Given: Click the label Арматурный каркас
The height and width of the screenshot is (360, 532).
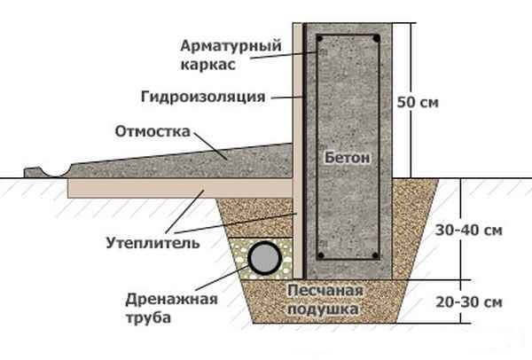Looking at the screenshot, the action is (231, 55).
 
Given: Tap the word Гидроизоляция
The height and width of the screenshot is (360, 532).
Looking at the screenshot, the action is (203, 97).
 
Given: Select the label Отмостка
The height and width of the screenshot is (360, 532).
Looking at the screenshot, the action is (153, 131).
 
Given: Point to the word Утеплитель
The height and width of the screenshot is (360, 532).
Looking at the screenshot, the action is (153, 243).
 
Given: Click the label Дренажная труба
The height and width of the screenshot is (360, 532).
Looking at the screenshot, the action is (171, 309).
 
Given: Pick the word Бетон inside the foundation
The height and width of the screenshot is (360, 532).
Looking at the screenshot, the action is (347, 158).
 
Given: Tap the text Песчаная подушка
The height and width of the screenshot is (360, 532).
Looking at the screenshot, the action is (325, 300).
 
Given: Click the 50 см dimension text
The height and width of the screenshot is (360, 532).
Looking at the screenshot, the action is (418, 102).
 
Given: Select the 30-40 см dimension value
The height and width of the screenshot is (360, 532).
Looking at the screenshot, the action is (468, 231).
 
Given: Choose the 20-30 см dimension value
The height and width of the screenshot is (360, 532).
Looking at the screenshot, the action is (469, 302).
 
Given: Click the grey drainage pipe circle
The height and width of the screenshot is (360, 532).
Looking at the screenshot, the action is (264, 258).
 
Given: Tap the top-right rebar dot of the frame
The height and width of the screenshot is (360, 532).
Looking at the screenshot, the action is (376, 38).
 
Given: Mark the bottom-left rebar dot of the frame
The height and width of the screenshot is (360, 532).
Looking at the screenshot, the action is (321, 255).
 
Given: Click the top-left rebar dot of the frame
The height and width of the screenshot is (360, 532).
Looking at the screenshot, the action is (319, 38).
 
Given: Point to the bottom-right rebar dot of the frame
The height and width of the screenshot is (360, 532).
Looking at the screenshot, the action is (375, 255).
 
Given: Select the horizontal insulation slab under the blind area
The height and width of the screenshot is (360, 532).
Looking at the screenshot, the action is (180, 188).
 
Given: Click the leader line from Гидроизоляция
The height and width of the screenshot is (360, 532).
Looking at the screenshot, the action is (286, 98).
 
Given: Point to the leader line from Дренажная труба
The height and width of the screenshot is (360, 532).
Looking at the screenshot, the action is (222, 278).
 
